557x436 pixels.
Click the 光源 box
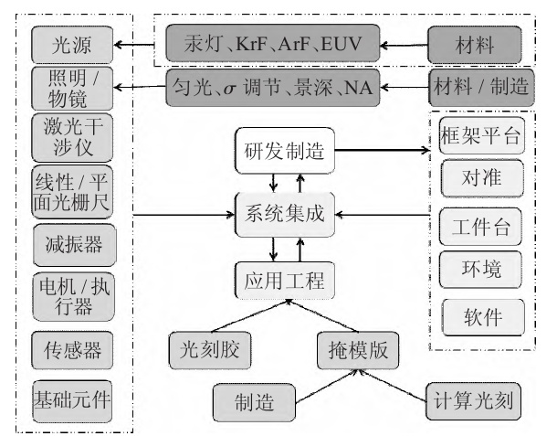click(x=73, y=42)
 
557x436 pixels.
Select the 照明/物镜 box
click(x=73, y=87)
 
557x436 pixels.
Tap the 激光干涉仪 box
click(x=73, y=139)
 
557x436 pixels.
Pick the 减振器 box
click(x=73, y=242)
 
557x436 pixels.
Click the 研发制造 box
click(x=284, y=150)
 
